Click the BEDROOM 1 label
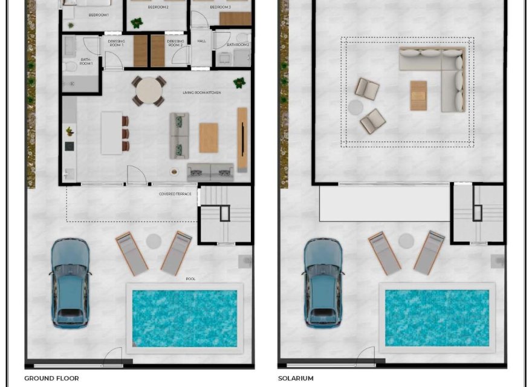point(98,14)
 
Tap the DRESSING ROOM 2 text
point(175,44)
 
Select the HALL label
point(201,41)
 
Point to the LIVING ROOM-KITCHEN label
point(202,93)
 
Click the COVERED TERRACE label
point(175,193)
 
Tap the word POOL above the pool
point(190,279)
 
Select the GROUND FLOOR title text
point(51,379)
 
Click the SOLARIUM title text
point(296,379)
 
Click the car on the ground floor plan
point(71,282)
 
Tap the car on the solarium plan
point(324,282)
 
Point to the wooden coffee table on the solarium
point(418,96)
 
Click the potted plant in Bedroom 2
point(137,23)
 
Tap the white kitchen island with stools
point(111,132)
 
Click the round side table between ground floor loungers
point(154,241)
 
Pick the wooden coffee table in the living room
point(208,138)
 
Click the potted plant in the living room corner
point(240,82)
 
